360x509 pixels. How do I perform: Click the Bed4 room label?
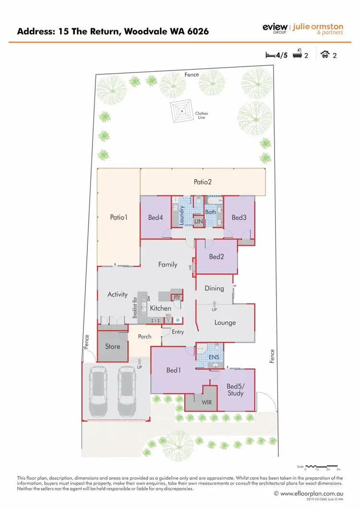156,218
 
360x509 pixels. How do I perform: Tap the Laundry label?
182,215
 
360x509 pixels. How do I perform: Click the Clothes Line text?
202,115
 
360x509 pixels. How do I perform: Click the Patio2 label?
203,182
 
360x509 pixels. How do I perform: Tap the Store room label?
113,346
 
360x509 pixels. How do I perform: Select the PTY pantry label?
177,298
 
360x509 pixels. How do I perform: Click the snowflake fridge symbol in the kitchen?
177,320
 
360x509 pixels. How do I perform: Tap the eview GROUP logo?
275,28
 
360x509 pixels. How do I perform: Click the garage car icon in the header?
324,55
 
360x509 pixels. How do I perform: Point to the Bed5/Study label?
235,389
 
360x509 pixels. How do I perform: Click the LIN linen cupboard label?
199,221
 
